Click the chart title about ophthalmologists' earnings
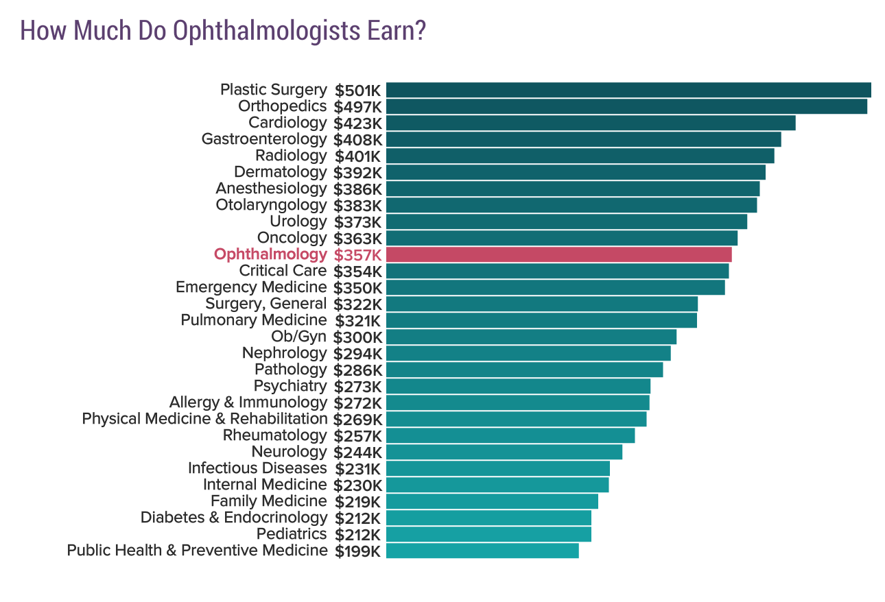pyautogui.click(x=223, y=31)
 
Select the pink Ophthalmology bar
pyautogui.click(x=558, y=254)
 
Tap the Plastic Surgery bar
pyautogui.click(x=628, y=90)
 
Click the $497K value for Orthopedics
pyautogui.click(x=357, y=107)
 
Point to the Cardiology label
pyautogui.click(x=287, y=123)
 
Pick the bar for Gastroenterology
pyautogui.click(x=583, y=139)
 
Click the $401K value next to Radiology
pyautogui.click(x=357, y=156)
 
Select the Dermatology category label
pyautogui.click(x=280, y=172)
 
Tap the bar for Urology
pyautogui.click(x=566, y=221)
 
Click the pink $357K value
pyautogui.click(x=357, y=255)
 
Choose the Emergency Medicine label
pyautogui.click(x=251, y=287)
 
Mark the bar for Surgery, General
pyautogui.click(x=541, y=304)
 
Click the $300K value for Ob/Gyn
pyautogui.click(x=357, y=337)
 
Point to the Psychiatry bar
pyautogui.click(x=518, y=386)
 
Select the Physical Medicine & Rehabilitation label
pyautogui.click(x=204, y=419)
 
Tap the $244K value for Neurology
pyautogui.click(x=357, y=453)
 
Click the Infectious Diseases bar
pyautogui.click(x=497, y=468)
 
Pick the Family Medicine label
pyautogui.click(x=268, y=501)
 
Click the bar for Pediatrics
pyautogui.click(x=488, y=534)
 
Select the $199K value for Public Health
pyautogui.click(x=357, y=551)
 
